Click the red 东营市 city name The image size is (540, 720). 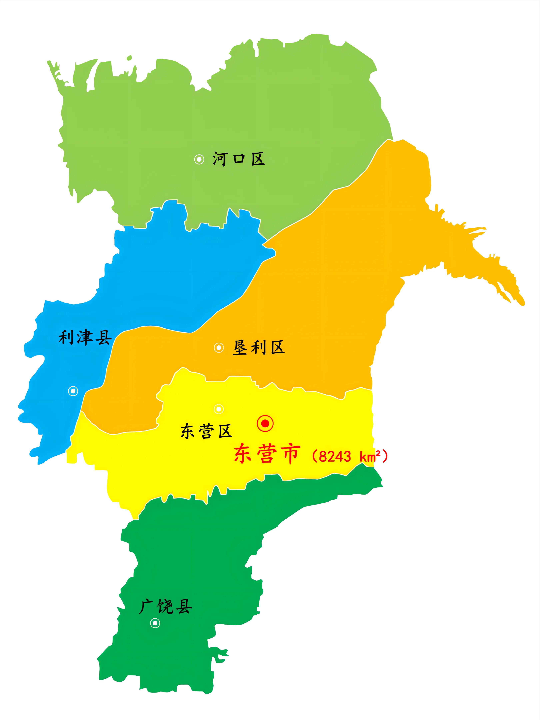[266, 453]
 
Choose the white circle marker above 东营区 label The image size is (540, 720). [218, 409]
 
